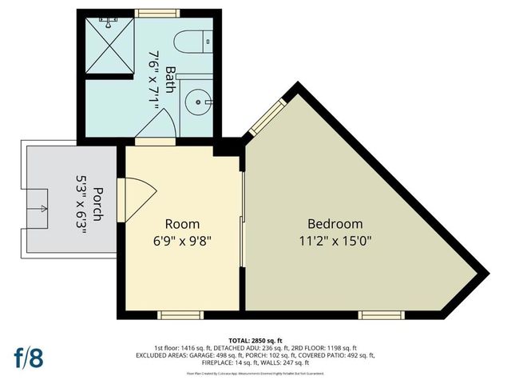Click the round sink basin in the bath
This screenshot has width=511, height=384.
(x=196, y=104)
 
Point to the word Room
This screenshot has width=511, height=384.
(x=182, y=224)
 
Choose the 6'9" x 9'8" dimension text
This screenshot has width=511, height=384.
(x=182, y=240)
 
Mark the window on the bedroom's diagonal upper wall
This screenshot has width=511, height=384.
(x=265, y=118)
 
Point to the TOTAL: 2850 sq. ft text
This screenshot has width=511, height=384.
(x=255, y=340)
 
